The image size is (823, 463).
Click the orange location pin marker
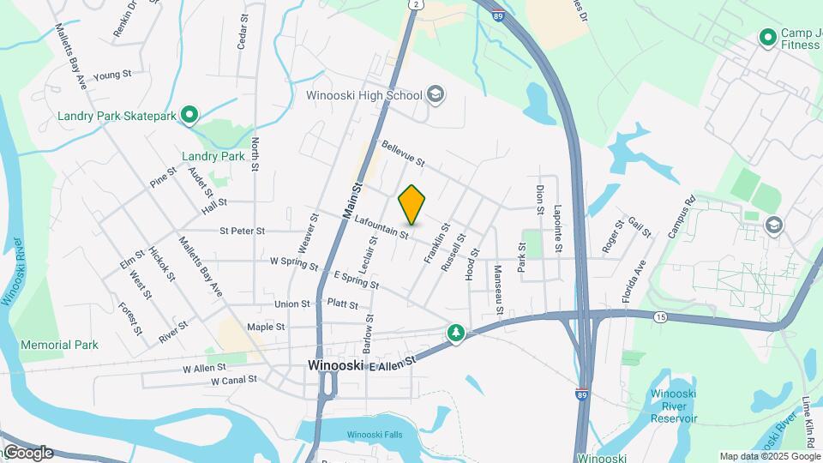point(412,204)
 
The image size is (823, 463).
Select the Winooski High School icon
point(436,94)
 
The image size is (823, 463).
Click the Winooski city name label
point(335,365)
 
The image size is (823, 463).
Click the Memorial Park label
point(60,345)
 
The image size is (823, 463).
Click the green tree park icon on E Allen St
point(456,333)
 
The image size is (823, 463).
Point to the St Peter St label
point(243,231)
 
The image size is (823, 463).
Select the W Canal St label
point(234,380)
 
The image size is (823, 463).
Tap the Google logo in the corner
point(27,453)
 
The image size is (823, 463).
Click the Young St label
point(111,75)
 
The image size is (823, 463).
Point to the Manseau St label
point(497,283)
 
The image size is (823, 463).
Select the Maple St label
point(266,327)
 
